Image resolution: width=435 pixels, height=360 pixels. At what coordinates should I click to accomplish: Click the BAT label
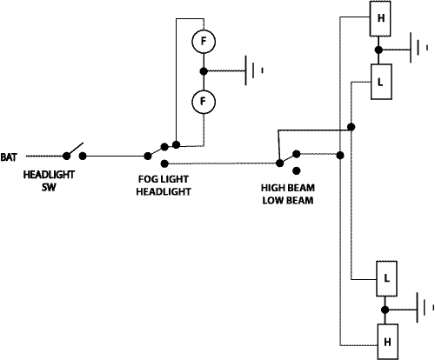coord(9,157)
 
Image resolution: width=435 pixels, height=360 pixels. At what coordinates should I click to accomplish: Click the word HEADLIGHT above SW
coord(49,175)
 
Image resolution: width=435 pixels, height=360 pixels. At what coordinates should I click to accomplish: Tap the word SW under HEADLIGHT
coord(49,187)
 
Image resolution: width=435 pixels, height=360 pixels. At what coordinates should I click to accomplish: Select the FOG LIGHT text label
coord(164,179)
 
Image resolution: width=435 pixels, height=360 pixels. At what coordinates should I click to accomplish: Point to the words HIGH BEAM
coord(288,188)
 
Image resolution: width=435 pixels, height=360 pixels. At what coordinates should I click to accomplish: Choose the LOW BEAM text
coord(288,200)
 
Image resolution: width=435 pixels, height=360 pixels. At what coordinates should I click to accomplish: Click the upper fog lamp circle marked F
coord(204,42)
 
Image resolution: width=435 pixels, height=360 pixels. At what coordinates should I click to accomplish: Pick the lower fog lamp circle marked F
coord(204,102)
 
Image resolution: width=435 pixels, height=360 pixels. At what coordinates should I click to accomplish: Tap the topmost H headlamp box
coord(380,18)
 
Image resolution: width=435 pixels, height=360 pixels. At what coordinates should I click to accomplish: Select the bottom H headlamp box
coord(387,342)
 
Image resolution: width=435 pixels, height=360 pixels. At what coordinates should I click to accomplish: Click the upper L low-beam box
coord(382,82)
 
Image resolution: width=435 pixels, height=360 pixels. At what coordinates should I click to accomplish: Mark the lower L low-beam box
coord(386,278)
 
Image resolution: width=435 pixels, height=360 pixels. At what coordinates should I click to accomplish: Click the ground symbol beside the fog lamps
coord(254,70)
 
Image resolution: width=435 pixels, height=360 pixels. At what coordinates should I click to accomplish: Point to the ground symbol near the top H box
coord(418,48)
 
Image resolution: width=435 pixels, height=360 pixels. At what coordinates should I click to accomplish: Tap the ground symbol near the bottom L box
coord(425,308)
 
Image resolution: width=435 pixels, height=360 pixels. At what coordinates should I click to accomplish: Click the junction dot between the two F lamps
coord(204,71)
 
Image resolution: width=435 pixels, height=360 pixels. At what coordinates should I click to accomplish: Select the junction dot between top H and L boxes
coord(378,50)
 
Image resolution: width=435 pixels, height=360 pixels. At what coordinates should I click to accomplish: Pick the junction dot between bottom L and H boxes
coord(385,310)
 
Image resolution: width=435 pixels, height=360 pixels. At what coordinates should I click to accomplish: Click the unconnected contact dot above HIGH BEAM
coord(297,171)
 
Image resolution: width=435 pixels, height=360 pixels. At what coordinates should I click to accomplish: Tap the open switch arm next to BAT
coord(75,150)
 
